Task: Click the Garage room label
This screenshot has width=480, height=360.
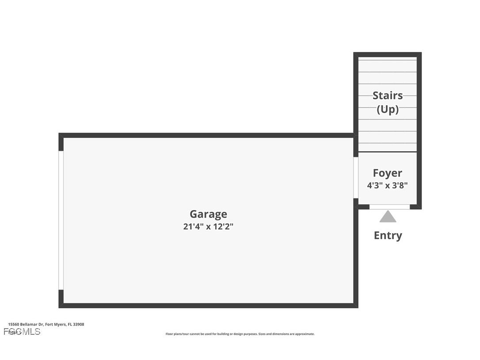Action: [208, 214]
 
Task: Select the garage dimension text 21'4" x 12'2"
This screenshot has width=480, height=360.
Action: [208, 227]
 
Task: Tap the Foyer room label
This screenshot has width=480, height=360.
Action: [387, 173]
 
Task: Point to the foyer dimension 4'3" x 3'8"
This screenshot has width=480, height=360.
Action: [387, 185]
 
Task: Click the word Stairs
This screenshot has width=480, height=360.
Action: [387, 96]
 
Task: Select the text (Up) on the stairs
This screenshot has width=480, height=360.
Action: [387, 109]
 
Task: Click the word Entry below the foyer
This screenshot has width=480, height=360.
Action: [388, 235]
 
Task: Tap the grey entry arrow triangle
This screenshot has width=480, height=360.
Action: [388, 217]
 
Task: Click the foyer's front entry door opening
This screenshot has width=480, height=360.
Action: [389, 207]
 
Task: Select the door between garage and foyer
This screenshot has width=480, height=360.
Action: [356, 177]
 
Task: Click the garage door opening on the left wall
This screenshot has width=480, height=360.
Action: [61, 220]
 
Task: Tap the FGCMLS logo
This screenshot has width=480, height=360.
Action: [22, 331]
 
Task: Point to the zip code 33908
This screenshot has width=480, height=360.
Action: [79, 324]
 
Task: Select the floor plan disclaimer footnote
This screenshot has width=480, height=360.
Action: [240, 334]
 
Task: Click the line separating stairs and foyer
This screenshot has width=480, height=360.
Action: [387, 152]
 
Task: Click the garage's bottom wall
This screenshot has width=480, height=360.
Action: [208, 305]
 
